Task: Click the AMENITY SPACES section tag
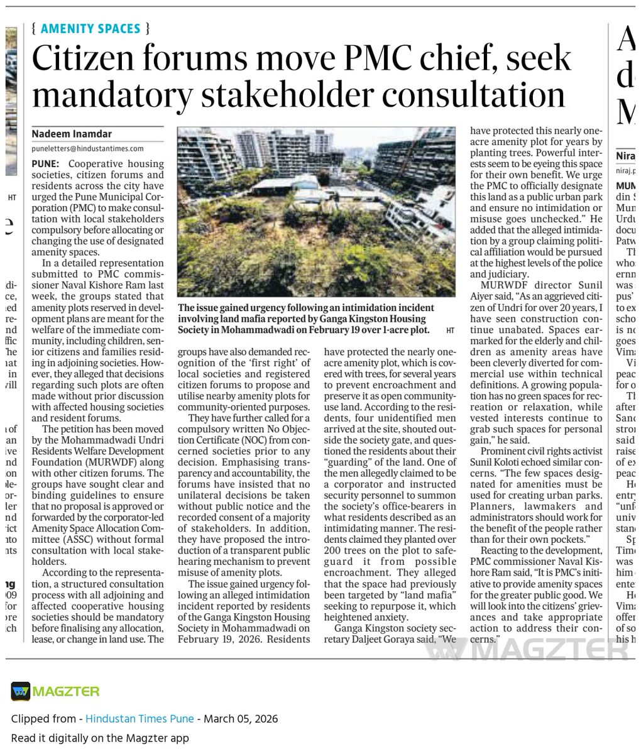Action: (x=90, y=28)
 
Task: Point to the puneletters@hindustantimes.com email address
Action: (x=87, y=149)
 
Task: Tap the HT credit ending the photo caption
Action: (x=450, y=330)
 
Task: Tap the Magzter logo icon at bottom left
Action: (x=20, y=691)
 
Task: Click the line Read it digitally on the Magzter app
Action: (x=99, y=738)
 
